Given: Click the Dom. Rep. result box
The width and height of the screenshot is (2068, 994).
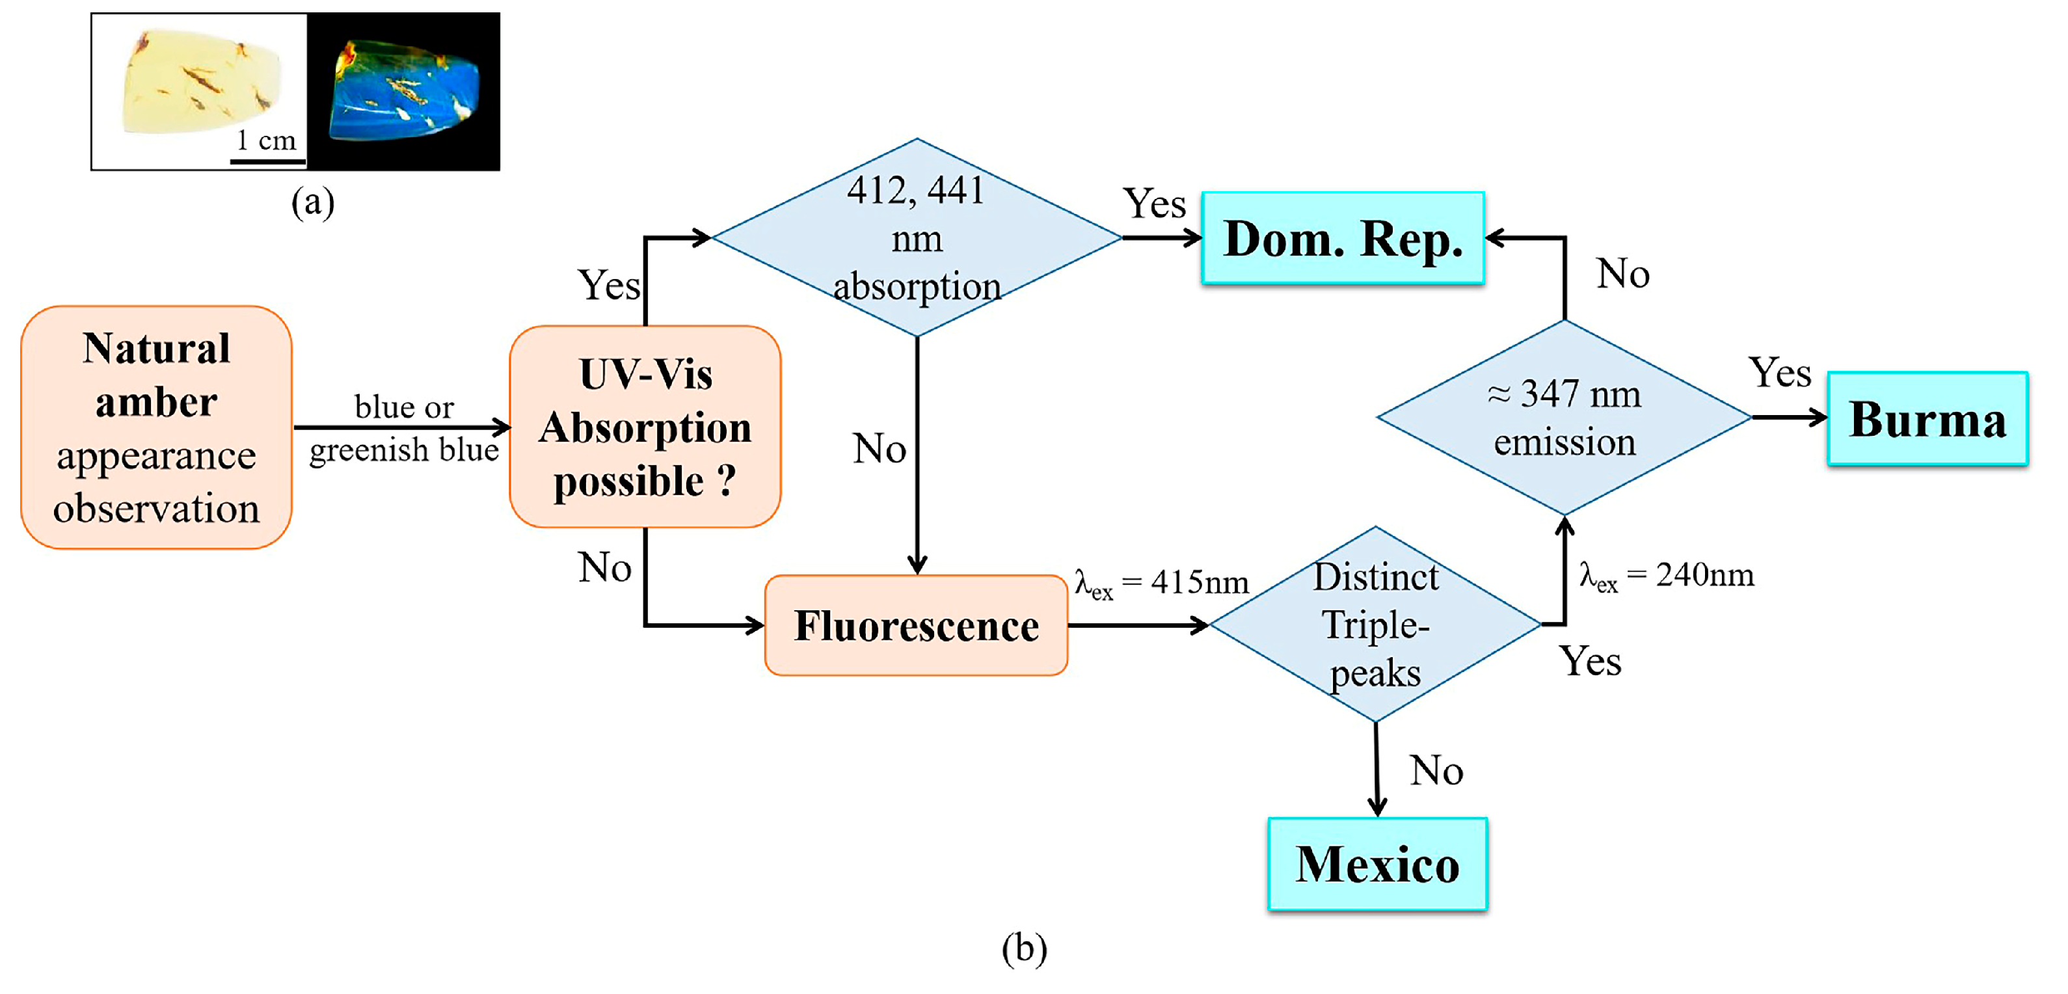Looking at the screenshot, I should click(1342, 239).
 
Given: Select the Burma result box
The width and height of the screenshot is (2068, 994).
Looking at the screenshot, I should click(1927, 418).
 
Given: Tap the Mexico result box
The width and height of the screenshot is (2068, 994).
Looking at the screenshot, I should click(1376, 864).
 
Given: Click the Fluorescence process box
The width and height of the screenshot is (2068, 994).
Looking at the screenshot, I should click(916, 625).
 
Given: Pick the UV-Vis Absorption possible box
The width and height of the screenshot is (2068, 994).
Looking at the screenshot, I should click(645, 427).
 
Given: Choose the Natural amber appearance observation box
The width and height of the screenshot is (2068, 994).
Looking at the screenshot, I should click(157, 427).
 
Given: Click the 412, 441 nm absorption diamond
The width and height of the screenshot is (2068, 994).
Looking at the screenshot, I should click(917, 237).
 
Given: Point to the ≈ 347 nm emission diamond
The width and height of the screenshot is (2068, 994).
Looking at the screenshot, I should click(1564, 418).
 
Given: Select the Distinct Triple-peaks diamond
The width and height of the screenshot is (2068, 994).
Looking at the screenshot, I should click(1375, 625).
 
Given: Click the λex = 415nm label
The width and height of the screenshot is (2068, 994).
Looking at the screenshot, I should click(1162, 583).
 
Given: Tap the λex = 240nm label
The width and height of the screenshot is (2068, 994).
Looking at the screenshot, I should click(1667, 576).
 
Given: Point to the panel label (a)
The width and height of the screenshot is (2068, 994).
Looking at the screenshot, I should click(312, 202).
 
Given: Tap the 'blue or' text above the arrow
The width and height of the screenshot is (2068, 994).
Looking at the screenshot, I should click(404, 407).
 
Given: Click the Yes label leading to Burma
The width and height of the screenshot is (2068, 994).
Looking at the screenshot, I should click(1780, 373).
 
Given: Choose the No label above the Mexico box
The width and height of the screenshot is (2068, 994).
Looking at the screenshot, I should click(1436, 770).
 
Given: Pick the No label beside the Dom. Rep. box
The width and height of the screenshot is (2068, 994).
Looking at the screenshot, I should click(1622, 274).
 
